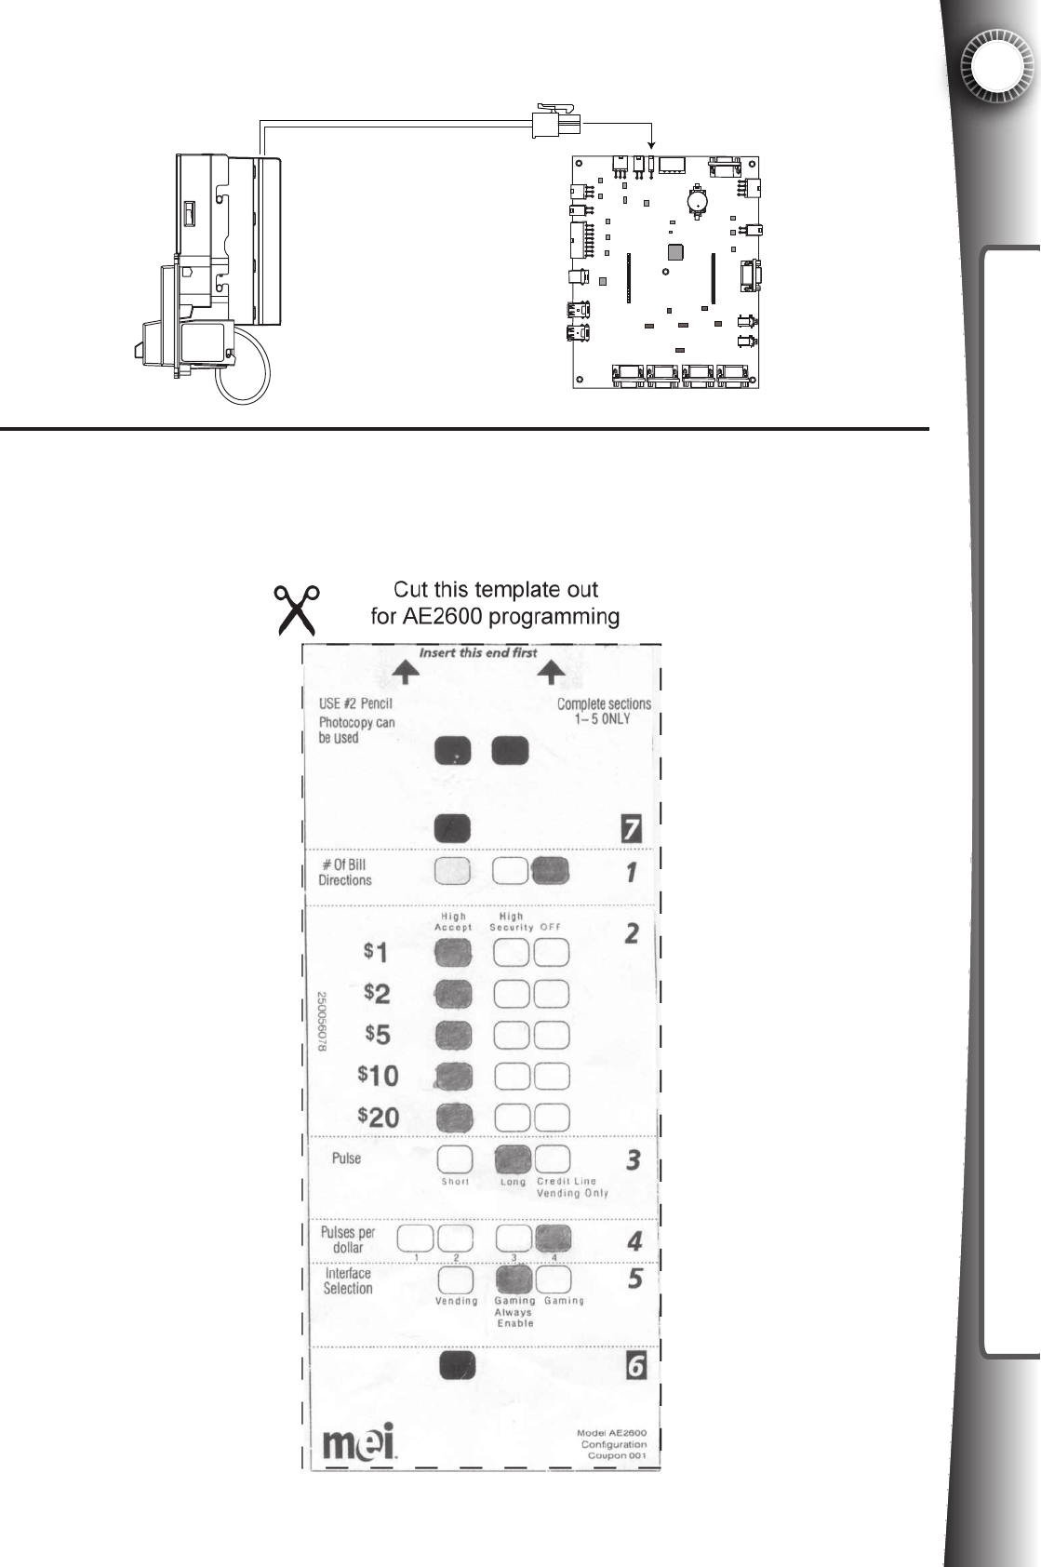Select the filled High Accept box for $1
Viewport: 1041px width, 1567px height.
pos(454,952)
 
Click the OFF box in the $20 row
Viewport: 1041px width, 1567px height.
pos(552,1117)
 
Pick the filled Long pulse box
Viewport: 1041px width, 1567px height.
pos(513,1159)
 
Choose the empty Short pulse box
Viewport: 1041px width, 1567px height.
pos(455,1159)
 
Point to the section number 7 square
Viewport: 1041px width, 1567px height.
pos(632,827)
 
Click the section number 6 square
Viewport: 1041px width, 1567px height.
pos(635,1366)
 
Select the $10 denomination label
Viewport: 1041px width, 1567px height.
pos(379,1076)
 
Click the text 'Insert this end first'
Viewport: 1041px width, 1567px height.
pos(478,652)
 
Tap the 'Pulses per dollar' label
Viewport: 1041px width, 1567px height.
pos(348,1239)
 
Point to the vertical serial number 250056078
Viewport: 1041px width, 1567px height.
pos(321,1021)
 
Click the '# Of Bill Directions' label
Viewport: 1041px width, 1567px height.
pos(345,872)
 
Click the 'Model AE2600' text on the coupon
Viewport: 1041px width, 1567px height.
pos(612,1432)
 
